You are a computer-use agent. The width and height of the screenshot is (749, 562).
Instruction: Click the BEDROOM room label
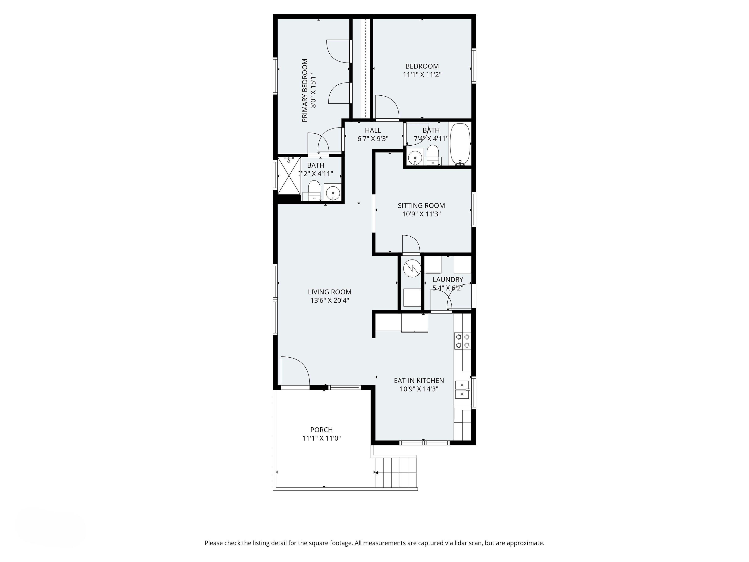point(422,66)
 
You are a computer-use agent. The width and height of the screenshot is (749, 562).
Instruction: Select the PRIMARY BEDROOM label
point(305,90)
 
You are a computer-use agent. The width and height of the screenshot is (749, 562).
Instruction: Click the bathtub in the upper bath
point(460,144)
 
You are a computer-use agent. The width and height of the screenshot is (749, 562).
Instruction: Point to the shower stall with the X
point(289,175)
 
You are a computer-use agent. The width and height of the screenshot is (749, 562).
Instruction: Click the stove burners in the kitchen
point(463,341)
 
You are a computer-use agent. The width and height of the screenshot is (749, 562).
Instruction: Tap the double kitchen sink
point(462,390)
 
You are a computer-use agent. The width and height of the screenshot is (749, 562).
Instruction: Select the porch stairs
point(395,472)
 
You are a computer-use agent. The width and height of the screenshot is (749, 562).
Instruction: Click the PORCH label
point(321,430)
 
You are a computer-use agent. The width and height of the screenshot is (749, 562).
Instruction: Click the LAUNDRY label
point(448,280)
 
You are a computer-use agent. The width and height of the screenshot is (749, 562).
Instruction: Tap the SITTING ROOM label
point(421,206)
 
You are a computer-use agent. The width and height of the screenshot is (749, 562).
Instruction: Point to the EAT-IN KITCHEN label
point(419,381)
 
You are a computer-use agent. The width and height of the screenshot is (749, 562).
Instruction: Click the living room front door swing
point(294,371)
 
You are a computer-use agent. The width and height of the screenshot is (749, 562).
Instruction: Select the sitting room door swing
point(410,244)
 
